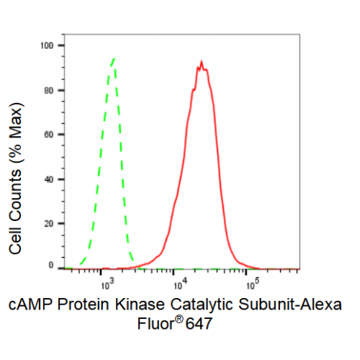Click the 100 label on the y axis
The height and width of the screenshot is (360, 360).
tap(47, 45)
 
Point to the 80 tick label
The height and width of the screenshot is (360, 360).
tap(49, 91)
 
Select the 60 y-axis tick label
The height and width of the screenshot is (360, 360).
tap(49, 135)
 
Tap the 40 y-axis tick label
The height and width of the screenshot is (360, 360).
tap(49, 179)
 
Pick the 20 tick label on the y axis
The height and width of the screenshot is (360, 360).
tap(49, 224)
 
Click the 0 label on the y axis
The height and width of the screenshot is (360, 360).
tap(51, 265)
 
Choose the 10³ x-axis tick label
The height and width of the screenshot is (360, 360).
tap(107, 284)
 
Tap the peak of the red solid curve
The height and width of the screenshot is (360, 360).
tap(202, 61)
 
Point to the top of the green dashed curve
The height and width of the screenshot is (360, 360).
tap(114, 58)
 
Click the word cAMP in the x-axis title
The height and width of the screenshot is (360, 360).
tap(31, 305)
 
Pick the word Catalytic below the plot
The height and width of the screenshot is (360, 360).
tap(202, 305)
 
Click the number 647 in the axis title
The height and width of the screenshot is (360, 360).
tap(199, 324)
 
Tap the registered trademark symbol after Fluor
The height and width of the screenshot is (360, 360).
tap(179, 320)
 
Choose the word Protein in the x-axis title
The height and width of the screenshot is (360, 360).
tap(84, 305)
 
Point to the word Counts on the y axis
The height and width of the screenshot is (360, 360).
tap(15, 197)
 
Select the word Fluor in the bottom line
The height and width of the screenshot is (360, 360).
tap(156, 324)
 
